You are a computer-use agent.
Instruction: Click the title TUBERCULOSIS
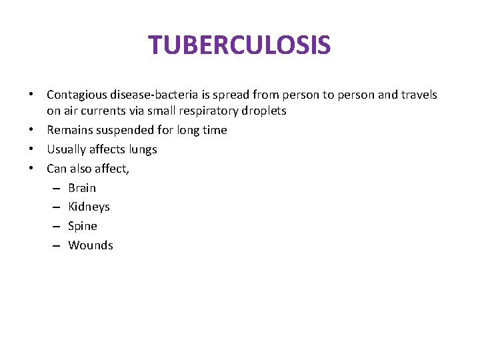[x=239, y=45]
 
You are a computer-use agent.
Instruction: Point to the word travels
[x=419, y=95]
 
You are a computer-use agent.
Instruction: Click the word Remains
[x=68, y=130]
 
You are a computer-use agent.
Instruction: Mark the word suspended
[x=121, y=130]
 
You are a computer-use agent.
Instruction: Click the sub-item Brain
[x=82, y=188]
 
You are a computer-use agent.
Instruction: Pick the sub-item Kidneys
[x=89, y=207]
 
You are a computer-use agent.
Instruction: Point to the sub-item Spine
[x=83, y=226]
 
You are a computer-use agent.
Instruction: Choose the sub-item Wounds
[x=91, y=245]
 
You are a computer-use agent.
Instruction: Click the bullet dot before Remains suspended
[x=32, y=130]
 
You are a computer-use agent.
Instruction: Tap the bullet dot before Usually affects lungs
[x=32, y=149]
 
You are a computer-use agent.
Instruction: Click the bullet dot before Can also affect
[x=32, y=169]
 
